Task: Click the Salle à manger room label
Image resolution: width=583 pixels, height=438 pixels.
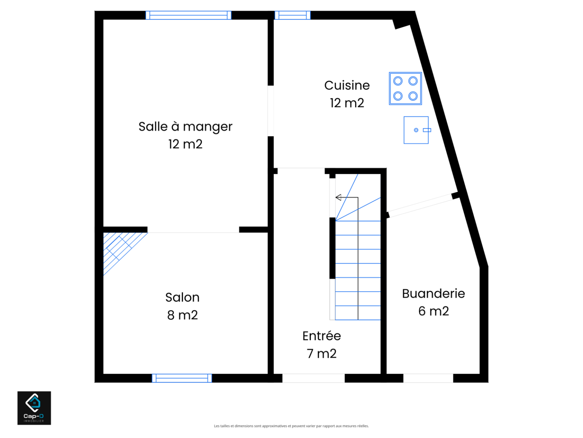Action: click(185, 126)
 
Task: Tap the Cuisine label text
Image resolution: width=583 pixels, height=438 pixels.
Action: click(347, 86)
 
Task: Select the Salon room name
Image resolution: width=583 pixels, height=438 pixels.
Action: click(182, 297)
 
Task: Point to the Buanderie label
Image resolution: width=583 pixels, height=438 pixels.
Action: click(433, 293)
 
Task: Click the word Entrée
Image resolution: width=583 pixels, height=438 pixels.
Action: click(321, 336)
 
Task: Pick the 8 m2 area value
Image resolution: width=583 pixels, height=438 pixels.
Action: click(182, 315)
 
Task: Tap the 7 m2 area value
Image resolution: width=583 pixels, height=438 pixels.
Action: click(321, 354)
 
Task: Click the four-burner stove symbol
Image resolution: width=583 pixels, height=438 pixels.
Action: click(405, 88)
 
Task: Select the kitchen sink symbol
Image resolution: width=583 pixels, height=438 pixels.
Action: click(417, 130)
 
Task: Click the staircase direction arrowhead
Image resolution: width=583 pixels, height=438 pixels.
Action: click(338, 197)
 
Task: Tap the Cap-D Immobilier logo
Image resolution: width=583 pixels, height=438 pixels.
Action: click(34, 408)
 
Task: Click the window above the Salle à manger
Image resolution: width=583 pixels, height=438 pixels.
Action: click(188, 15)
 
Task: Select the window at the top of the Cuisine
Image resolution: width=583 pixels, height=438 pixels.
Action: click(292, 15)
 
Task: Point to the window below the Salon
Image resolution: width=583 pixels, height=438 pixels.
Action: click(182, 378)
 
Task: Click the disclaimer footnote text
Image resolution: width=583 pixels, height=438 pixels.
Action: click(291, 426)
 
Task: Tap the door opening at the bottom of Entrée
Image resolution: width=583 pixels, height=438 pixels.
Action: click(313, 378)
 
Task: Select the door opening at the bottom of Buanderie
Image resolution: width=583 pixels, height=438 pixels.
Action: click(428, 378)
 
